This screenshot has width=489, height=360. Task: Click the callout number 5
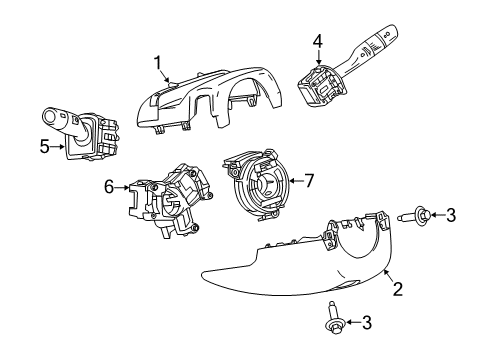click(44, 147)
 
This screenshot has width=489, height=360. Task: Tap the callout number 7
click(309, 180)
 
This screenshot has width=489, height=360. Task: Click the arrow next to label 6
click(124, 186)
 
